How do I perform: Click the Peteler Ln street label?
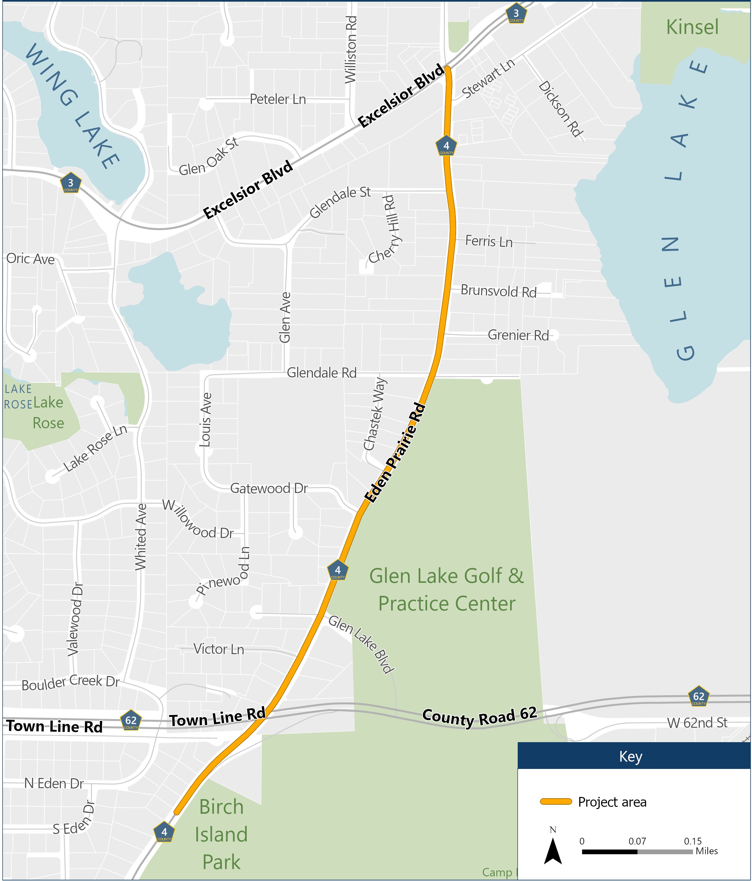[278, 100]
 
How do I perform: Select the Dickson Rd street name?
[560, 109]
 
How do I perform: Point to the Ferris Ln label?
[488, 242]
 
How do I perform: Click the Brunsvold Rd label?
[498, 291]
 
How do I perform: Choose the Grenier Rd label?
[518, 336]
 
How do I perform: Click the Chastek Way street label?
[375, 414]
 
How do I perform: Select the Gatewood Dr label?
[269, 488]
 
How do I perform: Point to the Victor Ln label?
[219, 649]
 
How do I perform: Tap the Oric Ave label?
[31, 259]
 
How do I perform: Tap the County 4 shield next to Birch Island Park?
[164, 832]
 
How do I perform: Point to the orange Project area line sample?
[556, 802]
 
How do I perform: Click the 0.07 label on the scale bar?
[637, 841]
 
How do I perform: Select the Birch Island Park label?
[221, 834]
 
